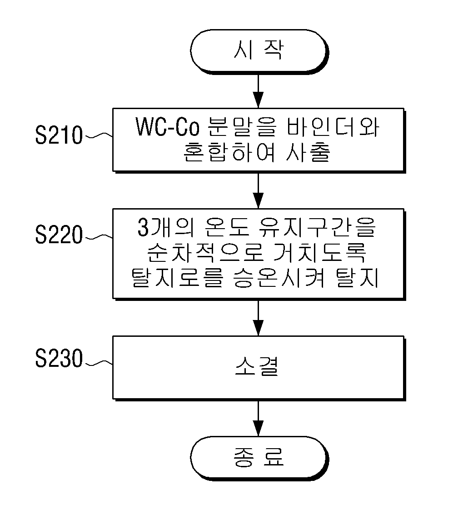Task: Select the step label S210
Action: coord(59,135)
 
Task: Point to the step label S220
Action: coord(59,235)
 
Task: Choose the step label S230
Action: coord(59,359)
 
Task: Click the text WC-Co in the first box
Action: coord(167,127)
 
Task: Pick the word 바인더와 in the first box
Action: coord(333,127)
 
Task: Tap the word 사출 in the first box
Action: coord(308,151)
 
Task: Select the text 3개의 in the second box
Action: coord(166,227)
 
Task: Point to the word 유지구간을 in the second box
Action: coord(317,227)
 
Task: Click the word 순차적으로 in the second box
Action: coord(205,252)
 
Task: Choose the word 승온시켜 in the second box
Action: coord(279,277)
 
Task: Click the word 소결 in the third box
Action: coord(257,367)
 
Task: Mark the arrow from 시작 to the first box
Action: coord(258,91)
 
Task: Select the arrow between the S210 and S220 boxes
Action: coord(258,190)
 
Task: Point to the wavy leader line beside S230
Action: coord(98,363)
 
